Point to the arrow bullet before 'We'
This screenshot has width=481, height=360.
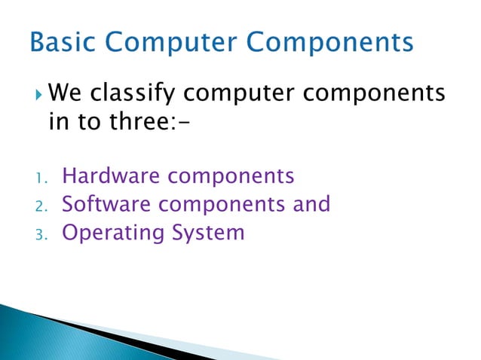click(39, 95)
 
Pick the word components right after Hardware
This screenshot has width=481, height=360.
click(231, 178)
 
